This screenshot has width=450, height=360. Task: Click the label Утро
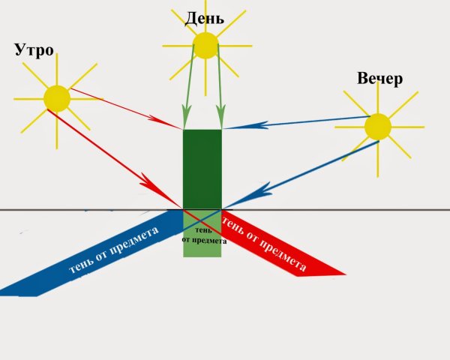point(34,51)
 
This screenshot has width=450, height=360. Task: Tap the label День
point(204,19)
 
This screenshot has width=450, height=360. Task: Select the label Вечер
point(379,78)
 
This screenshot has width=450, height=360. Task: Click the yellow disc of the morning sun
point(57,98)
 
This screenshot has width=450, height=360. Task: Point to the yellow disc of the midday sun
point(205,45)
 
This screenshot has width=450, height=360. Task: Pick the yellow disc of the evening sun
point(378,127)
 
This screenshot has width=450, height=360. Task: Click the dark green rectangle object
point(202,169)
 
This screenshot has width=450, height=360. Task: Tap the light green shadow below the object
point(202,233)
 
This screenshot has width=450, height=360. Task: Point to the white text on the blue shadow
point(114,250)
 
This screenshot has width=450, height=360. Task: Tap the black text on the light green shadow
point(204,235)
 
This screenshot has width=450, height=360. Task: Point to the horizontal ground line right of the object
point(336,210)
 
